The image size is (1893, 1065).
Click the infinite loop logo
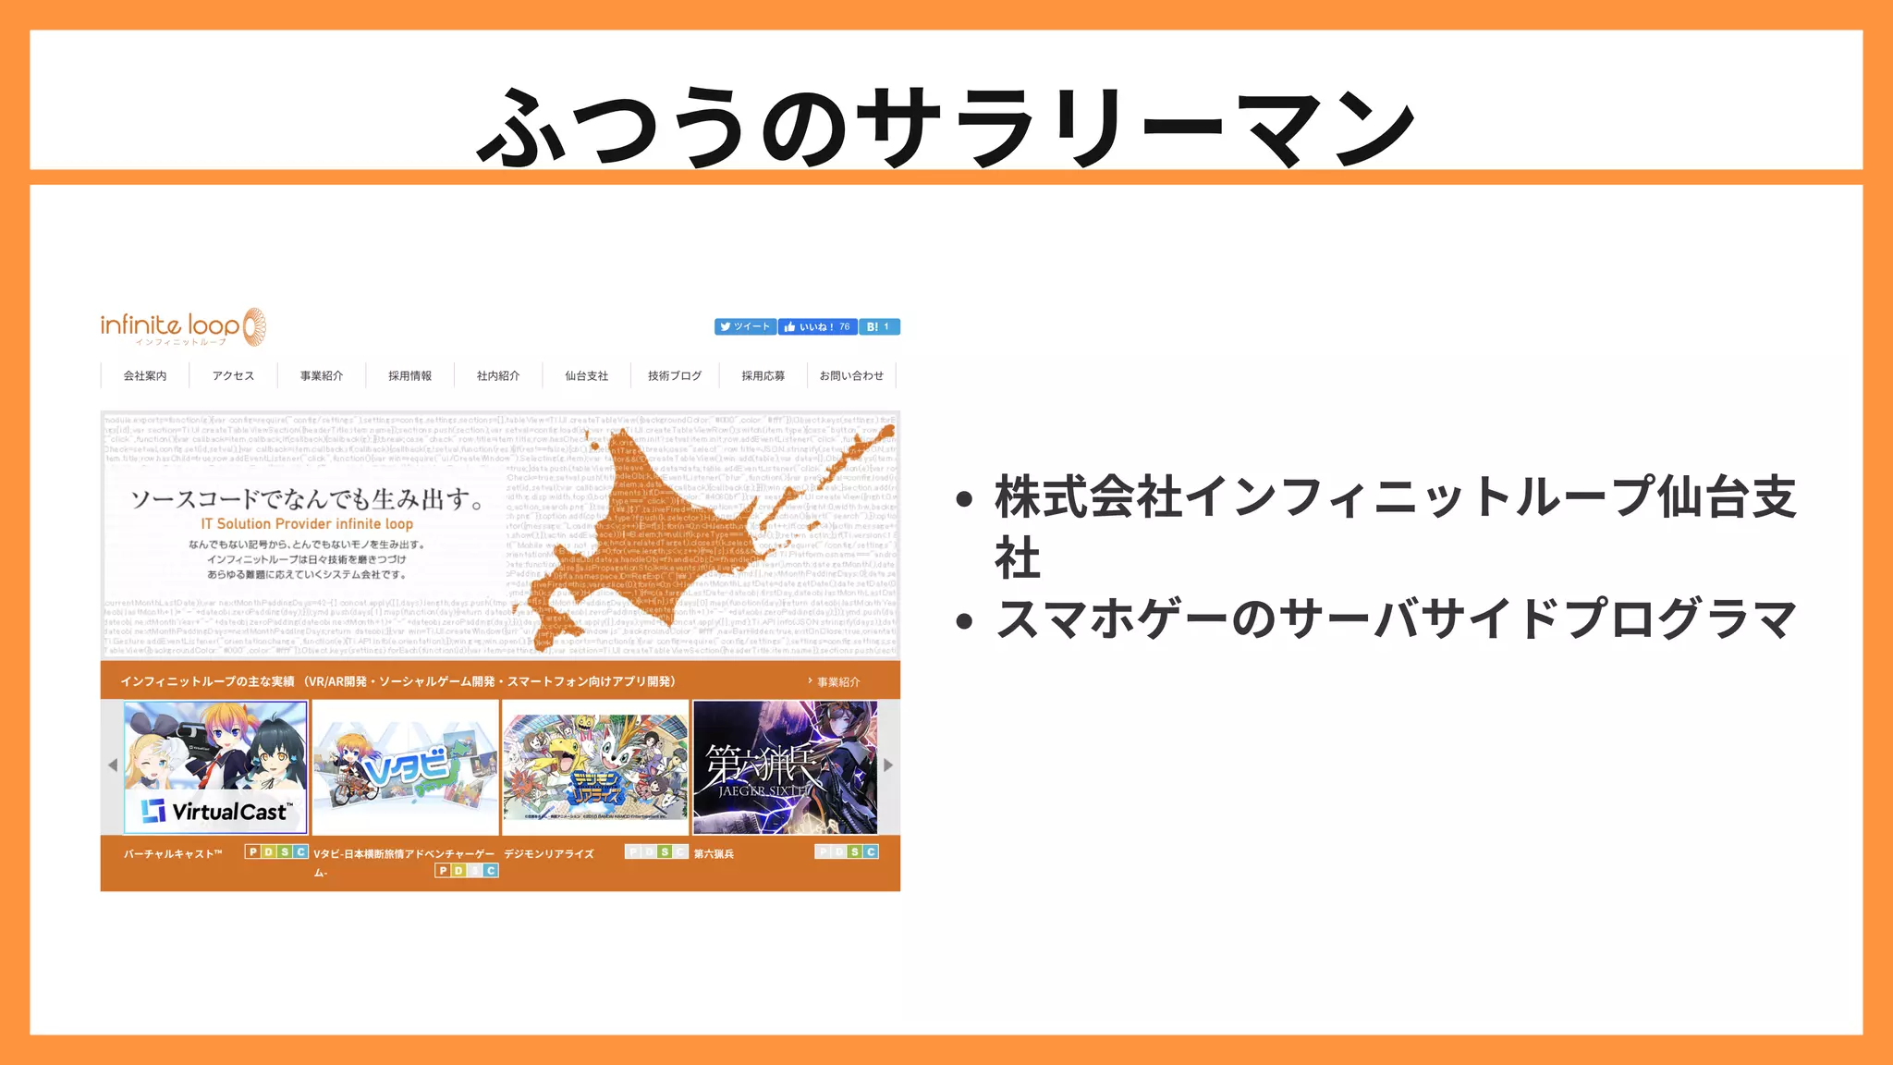(183, 327)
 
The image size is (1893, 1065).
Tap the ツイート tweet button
(745, 327)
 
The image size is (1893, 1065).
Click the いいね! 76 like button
(817, 327)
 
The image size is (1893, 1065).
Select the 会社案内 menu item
(145, 376)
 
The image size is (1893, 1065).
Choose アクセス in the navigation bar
(233, 376)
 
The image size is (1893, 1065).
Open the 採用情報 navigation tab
(409, 376)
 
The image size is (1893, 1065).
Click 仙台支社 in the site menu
(587, 376)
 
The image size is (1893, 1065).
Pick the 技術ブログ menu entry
(675, 376)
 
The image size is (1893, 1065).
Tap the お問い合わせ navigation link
(851, 376)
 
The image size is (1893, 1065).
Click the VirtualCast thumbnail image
(215, 766)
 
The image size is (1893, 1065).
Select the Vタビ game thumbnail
(406, 766)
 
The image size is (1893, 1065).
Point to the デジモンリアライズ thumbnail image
(595, 766)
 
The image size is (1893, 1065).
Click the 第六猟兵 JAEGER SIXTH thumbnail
(785, 766)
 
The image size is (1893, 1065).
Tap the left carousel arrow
(113, 765)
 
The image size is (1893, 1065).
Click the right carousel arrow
(888, 765)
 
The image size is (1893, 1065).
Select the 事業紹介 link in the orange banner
(837, 682)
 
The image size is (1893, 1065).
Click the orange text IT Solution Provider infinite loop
(307, 524)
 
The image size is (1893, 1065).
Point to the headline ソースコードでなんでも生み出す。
(307, 499)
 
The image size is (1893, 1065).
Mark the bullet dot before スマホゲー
(965, 621)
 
